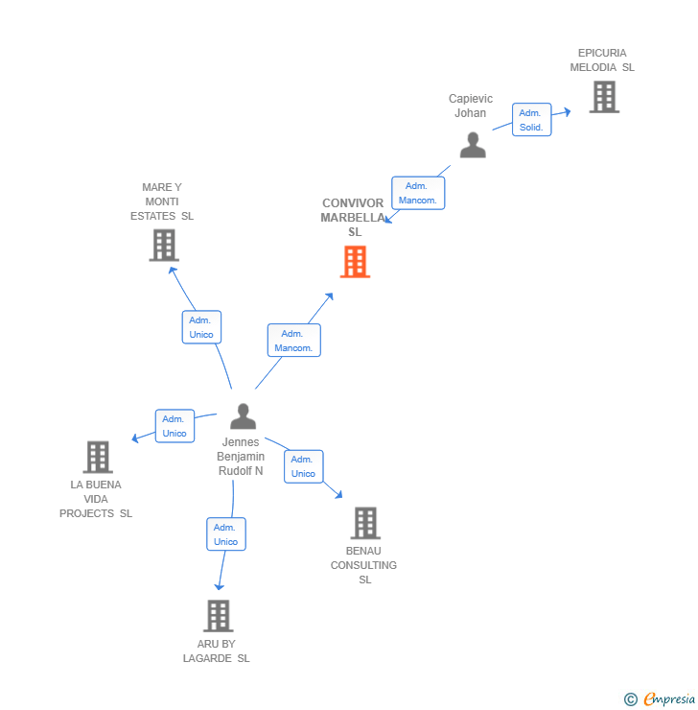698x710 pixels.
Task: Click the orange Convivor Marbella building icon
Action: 355,262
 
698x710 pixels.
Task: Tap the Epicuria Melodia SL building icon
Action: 604,97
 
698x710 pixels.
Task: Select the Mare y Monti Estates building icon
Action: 164,246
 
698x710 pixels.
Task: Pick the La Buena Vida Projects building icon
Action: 97,457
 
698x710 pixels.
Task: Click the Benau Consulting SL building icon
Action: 365,523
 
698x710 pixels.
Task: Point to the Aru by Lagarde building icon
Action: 219,616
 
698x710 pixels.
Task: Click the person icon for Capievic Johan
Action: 473,145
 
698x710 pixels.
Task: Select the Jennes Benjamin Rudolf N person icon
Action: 244,416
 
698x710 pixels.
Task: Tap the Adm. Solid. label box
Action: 531,120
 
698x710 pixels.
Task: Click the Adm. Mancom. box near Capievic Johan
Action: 417,193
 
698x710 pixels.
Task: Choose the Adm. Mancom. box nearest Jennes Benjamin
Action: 293,341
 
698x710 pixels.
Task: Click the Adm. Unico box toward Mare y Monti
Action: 201,327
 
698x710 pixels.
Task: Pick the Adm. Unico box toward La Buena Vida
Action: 174,426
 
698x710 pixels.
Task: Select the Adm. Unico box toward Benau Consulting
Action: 303,466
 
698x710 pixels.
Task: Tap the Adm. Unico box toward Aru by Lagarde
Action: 226,534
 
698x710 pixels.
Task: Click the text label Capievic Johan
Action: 471,106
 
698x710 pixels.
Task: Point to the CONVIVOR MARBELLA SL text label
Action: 353,218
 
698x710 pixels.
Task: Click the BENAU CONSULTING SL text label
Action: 364,565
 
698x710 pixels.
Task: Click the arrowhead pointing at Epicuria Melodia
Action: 567,112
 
